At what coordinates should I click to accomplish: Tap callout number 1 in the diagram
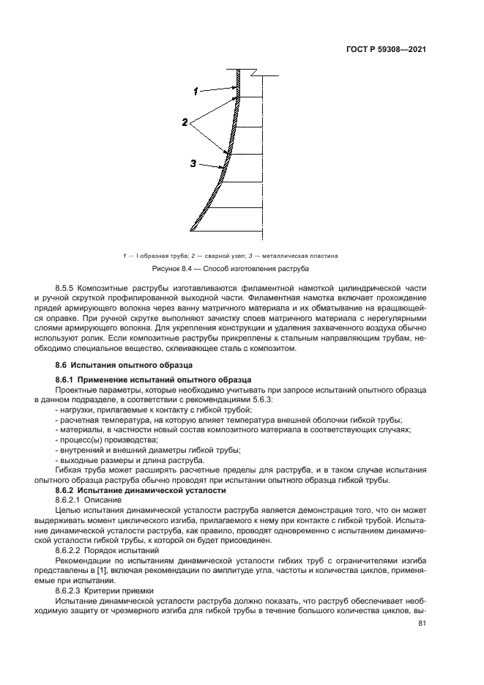(x=196, y=92)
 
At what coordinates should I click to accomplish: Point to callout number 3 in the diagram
(x=193, y=165)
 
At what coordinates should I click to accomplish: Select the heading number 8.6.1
(x=68, y=379)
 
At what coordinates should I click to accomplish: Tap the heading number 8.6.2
(x=68, y=489)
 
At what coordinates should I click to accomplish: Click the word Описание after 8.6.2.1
(x=107, y=498)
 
